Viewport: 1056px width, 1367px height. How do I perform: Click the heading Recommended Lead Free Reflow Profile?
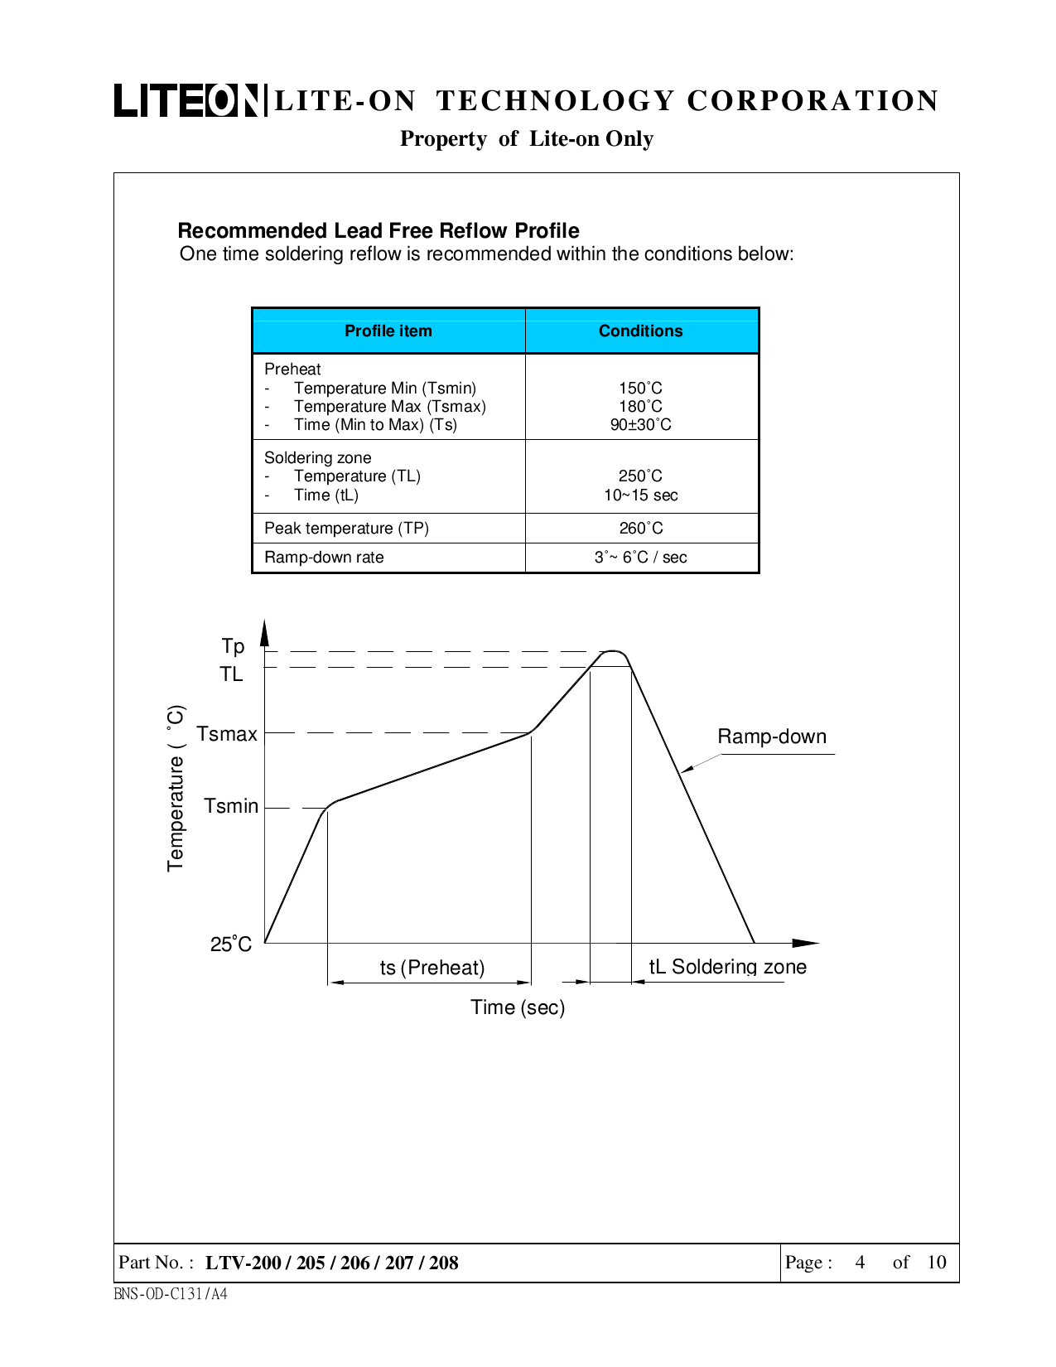379,230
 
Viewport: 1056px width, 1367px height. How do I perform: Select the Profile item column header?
388,331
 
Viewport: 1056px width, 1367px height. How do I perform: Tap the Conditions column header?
641,331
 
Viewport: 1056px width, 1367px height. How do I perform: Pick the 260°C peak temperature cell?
641,528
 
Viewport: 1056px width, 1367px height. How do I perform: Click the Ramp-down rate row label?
324,557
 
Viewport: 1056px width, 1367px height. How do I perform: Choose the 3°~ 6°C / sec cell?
641,557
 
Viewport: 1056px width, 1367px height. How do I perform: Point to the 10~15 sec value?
641,495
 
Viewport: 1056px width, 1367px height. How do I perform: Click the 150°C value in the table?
641,388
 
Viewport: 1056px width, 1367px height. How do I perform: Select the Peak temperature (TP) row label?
346,528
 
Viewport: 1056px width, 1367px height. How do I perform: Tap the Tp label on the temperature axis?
233,646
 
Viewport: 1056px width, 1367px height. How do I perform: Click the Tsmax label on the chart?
227,734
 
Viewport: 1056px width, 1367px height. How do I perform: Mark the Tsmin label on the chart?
231,806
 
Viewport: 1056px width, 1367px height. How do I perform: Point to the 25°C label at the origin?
231,944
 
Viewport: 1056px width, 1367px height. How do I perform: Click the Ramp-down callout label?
772,737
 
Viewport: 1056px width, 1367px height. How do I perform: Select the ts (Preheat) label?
432,968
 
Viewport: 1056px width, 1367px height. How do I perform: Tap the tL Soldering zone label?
727,967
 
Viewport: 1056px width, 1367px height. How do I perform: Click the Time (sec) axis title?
518,1007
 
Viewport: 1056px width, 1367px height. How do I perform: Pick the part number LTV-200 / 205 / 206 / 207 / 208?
331,1263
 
